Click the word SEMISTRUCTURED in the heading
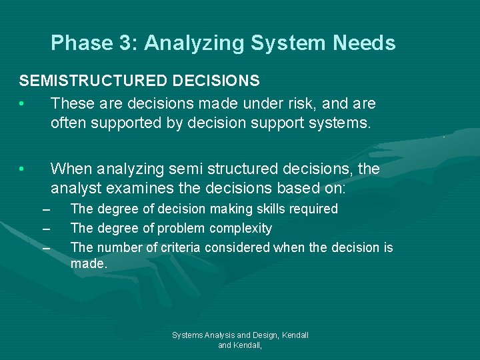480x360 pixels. (93, 81)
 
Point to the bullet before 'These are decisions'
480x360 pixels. (22, 104)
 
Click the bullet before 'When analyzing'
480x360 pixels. (22, 169)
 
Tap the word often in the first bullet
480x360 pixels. (69, 123)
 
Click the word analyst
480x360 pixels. (75, 189)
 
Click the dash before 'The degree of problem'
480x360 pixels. (46, 229)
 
